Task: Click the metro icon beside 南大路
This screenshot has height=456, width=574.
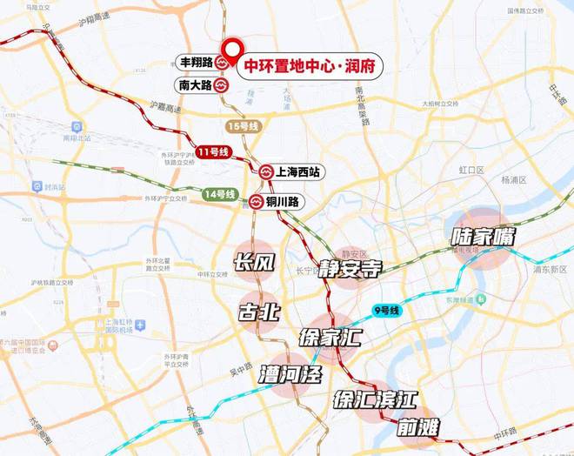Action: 222,86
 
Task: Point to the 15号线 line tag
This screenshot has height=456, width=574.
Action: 243,126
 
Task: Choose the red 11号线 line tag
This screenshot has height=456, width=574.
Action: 212,152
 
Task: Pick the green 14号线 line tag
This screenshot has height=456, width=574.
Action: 219,193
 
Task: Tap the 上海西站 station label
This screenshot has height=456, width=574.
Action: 298,173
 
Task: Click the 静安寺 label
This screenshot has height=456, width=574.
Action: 349,268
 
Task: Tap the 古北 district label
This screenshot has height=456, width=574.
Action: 258,312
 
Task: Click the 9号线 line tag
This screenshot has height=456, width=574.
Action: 384,310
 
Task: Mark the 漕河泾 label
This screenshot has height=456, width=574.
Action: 290,376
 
